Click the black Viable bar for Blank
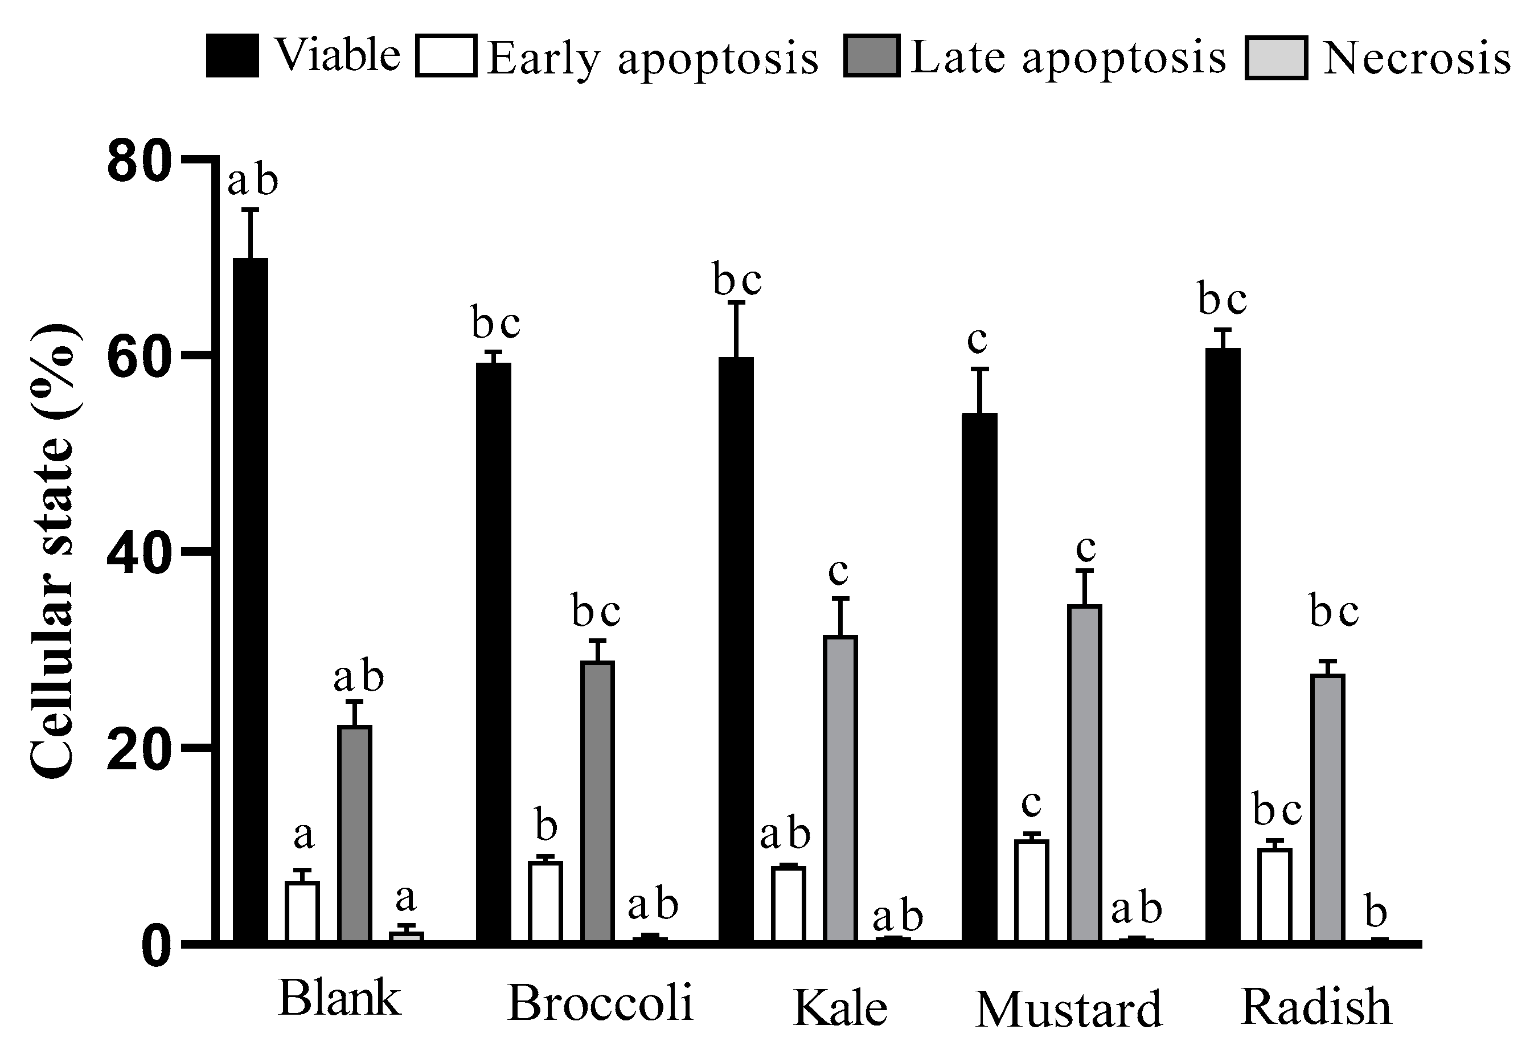(x=251, y=599)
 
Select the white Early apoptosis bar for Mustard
(x=1031, y=891)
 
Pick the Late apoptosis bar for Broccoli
(x=597, y=801)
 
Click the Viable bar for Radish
(x=1223, y=645)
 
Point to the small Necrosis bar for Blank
(x=406, y=936)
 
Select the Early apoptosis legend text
(x=652, y=58)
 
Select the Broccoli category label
(x=600, y=1003)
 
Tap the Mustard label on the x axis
(x=1069, y=1009)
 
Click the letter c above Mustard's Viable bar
(x=978, y=340)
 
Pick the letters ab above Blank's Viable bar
(x=253, y=181)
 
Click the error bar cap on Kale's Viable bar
(x=736, y=302)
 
